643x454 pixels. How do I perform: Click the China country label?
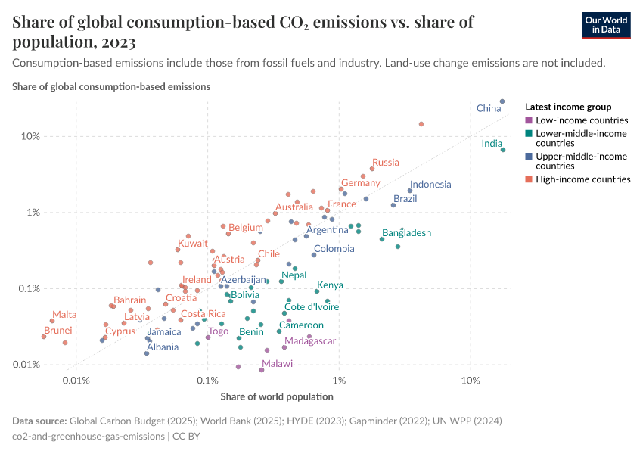(x=489, y=109)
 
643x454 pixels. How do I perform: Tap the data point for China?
(x=502, y=101)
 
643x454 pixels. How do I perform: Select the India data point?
(x=502, y=150)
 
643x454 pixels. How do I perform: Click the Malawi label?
(x=277, y=364)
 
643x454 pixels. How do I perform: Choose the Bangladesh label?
(x=406, y=233)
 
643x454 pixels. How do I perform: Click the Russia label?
(x=386, y=163)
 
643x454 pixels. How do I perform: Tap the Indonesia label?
(x=430, y=185)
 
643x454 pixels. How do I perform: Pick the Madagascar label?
(x=310, y=341)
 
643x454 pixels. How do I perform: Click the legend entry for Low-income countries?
(x=581, y=120)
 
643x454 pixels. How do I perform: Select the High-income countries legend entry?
(x=582, y=179)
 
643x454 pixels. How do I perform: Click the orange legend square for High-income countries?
(x=529, y=179)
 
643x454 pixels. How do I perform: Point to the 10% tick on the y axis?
(x=30, y=137)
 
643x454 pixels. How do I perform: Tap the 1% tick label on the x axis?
(x=339, y=380)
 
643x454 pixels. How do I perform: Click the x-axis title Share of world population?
(x=276, y=396)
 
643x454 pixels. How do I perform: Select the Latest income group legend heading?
(x=567, y=107)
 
